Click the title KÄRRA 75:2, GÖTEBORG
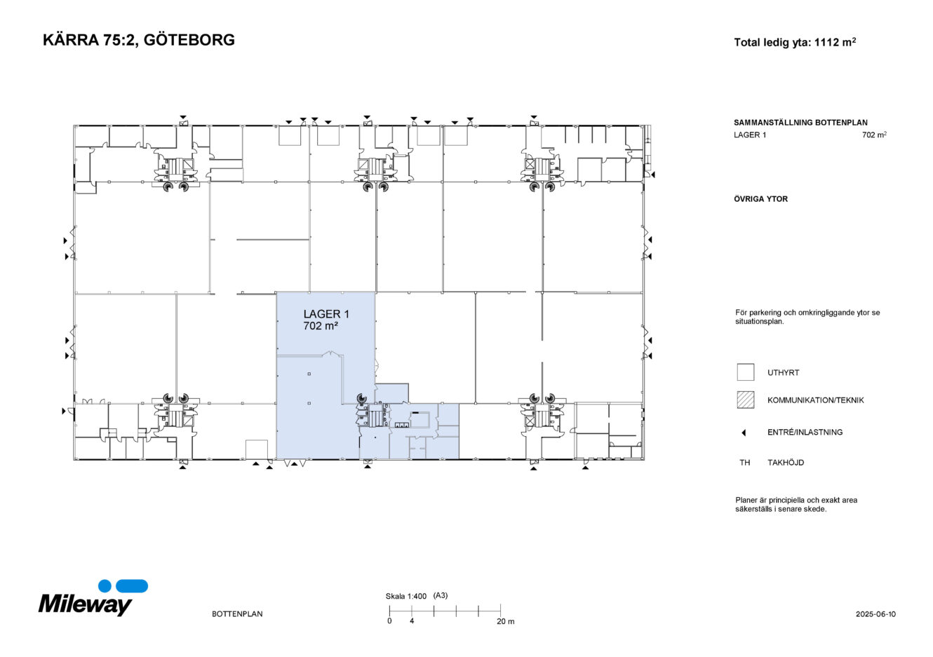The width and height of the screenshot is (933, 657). [139, 40]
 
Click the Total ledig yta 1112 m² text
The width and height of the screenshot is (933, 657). [794, 43]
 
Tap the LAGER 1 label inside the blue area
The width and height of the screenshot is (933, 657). [326, 314]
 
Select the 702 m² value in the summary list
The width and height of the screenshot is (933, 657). [874, 135]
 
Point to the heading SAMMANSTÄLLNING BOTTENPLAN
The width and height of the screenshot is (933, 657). [800, 123]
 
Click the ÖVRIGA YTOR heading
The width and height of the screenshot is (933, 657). [760, 199]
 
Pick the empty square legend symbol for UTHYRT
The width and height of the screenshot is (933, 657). [745, 372]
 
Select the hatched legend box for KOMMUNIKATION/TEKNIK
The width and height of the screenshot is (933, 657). [745, 400]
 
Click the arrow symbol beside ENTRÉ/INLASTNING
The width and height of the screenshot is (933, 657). [744, 433]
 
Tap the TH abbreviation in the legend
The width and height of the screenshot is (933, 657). [744, 463]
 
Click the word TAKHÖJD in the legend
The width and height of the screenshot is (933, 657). [786, 463]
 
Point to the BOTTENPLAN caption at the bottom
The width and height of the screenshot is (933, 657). [237, 614]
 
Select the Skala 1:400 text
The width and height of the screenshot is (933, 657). [405, 597]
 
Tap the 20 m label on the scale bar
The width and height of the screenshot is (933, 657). [505, 622]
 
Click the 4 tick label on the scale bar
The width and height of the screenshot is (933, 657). [412, 621]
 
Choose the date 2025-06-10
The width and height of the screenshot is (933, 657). [875, 614]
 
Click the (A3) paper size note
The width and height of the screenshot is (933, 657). [441, 596]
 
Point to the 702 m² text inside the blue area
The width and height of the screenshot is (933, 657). [321, 326]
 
